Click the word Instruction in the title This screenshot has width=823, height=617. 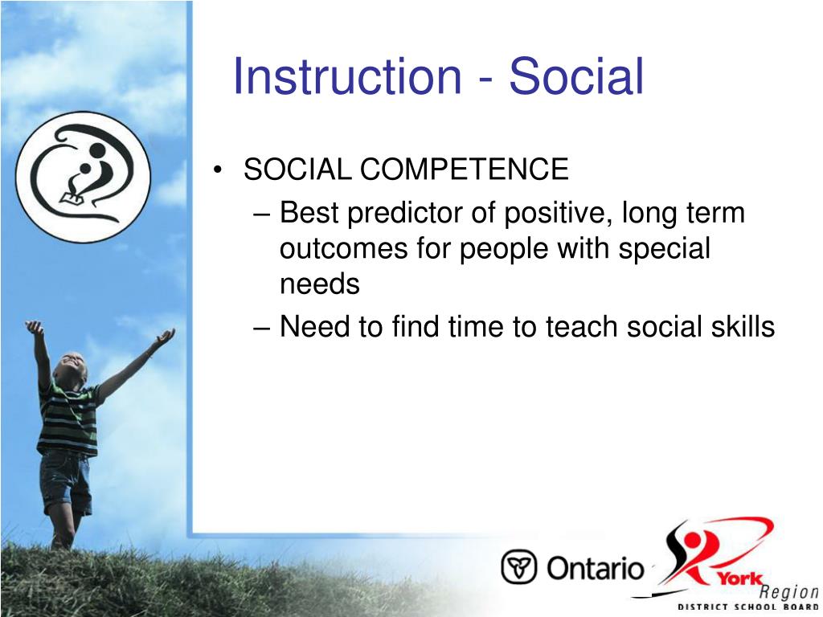[x=347, y=76]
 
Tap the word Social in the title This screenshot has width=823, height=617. [x=576, y=76]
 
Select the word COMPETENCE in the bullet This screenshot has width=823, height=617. [x=464, y=170]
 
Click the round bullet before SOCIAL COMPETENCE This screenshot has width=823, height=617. [x=217, y=170]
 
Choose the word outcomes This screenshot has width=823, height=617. [x=343, y=249]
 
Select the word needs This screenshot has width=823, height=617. [x=320, y=284]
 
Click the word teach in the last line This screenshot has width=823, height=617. [x=581, y=326]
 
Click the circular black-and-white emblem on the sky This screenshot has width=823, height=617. [x=83, y=177]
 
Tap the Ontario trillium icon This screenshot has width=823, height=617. [x=518, y=567]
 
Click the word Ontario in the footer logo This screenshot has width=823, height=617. [x=596, y=568]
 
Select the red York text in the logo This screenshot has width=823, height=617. [x=740, y=578]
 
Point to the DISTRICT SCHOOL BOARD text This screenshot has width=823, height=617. [x=748, y=607]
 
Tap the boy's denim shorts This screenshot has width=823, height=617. [x=67, y=481]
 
